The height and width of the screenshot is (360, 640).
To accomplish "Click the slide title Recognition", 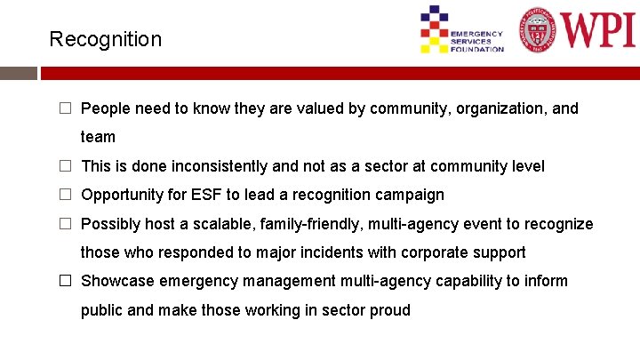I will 106,39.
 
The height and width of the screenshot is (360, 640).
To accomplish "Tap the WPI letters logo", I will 596,28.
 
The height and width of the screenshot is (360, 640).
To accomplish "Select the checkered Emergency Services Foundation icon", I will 434,28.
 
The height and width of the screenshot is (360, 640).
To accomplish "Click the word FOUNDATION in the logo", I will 477,49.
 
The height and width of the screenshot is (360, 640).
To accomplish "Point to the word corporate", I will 434,252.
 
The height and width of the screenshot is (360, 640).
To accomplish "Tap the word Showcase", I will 116,281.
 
